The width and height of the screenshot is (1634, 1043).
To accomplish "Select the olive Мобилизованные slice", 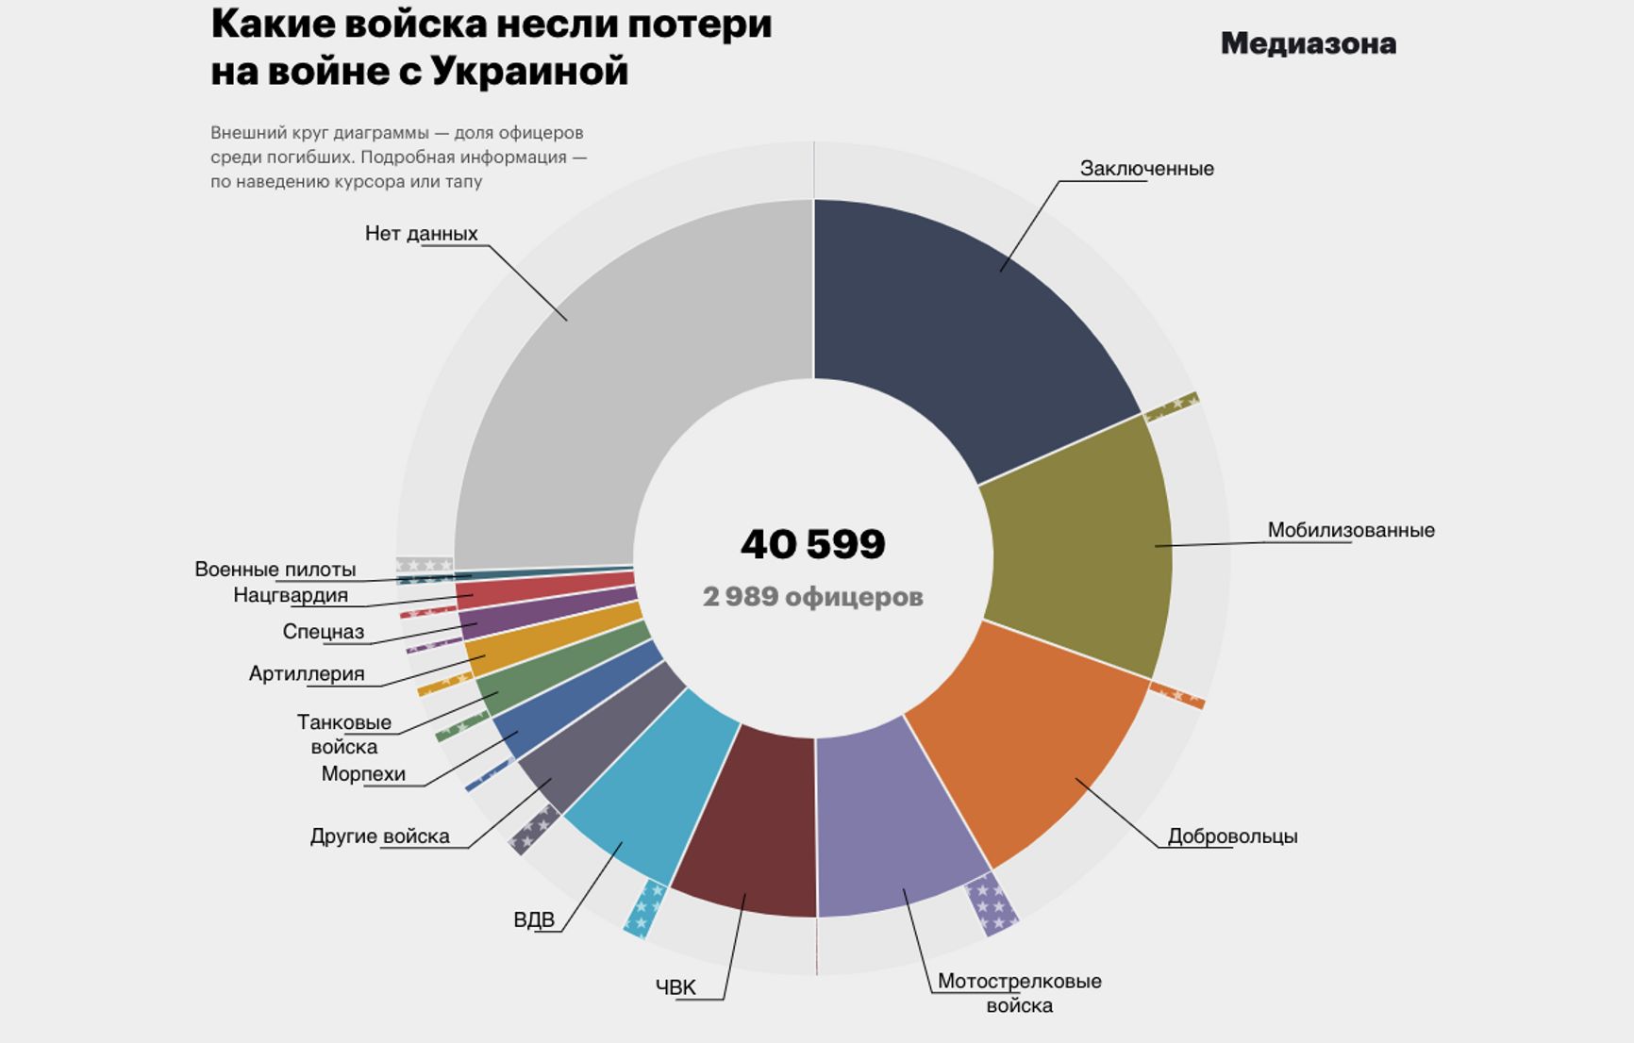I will click(1075, 547).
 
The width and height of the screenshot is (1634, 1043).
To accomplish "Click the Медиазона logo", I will click(1308, 43).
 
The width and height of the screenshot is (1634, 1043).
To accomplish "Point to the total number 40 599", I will click(812, 544).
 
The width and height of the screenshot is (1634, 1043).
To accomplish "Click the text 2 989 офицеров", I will click(812, 597).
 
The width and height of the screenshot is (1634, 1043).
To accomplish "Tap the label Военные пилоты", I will click(275, 570).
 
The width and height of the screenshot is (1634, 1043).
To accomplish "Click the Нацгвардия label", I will click(291, 596).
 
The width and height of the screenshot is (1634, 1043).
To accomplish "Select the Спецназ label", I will click(324, 632).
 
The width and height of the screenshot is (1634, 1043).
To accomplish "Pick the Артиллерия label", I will click(307, 673).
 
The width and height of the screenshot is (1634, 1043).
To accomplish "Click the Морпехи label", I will click(363, 774).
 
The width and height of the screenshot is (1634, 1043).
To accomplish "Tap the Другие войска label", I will click(379, 836).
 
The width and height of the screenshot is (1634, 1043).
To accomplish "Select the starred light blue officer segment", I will click(645, 908).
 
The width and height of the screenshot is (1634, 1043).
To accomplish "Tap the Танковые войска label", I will click(344, 735).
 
